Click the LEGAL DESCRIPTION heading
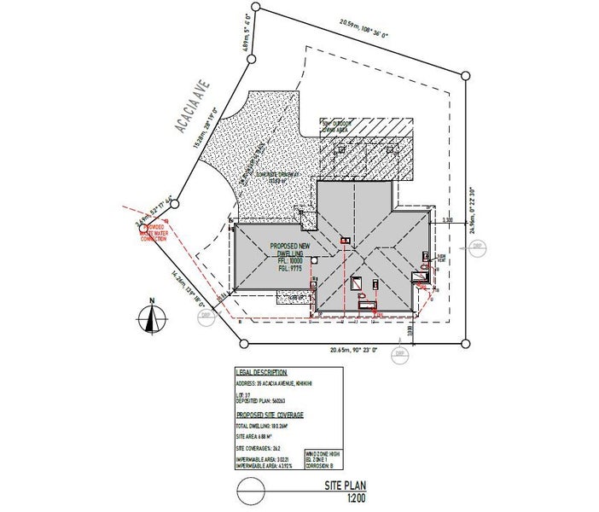265,373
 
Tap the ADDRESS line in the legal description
277,383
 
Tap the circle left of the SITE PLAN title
250,491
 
